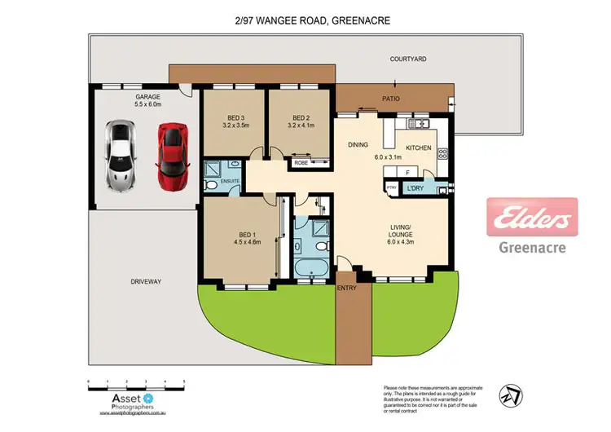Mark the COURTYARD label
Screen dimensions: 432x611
pos(408,60)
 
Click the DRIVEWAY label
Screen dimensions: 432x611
pos(146,282)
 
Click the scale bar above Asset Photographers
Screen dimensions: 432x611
pos(136,381)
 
